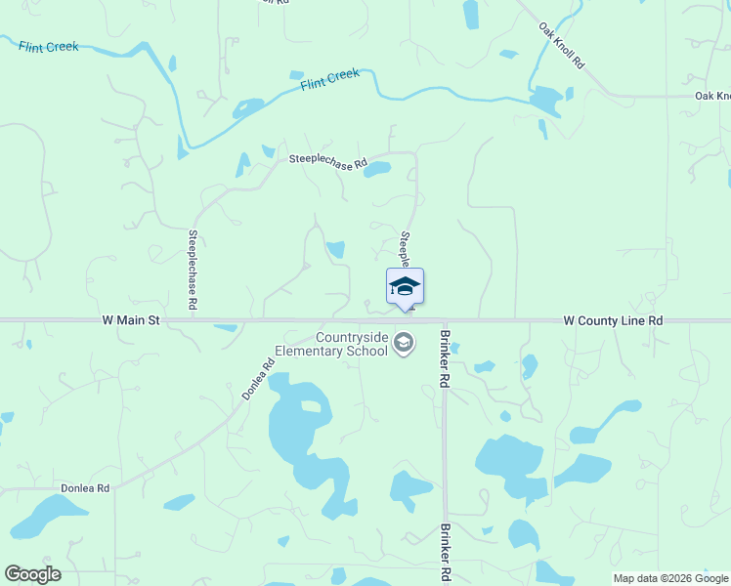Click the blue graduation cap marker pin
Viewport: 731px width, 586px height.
(x=405, y=287)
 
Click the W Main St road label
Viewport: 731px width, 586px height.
(x=130, y=319)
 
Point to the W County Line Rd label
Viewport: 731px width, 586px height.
(x=613, y=319)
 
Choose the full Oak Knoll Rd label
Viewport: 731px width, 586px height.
(x=562, y=46)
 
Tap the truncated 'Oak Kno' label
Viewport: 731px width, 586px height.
(x=712, y=96)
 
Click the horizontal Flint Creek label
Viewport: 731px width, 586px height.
(x=47, y=46)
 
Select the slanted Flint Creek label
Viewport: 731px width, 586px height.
(x=330, y=79)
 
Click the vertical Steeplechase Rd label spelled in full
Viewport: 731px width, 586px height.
(x=193, y=270)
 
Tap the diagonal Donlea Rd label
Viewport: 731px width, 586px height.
(x=259, y=380)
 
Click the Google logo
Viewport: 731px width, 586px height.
(x=32, y=574)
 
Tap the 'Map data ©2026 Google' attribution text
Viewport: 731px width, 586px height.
(x=670, y=578)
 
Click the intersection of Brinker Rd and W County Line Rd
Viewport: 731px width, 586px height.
(x=444, y=319)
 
